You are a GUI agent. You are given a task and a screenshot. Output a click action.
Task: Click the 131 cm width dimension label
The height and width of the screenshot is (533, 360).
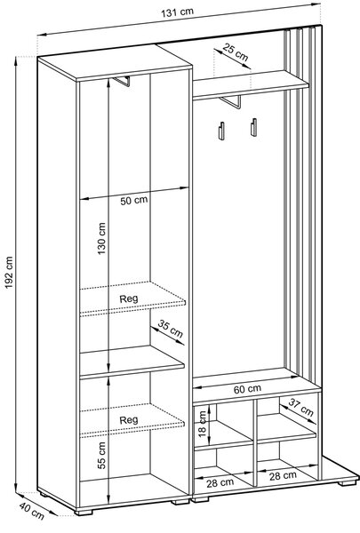pyautogui.click(x=177, y=12)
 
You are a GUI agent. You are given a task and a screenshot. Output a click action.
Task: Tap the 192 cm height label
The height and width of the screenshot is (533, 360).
pyautogui.click(x=9, y=273)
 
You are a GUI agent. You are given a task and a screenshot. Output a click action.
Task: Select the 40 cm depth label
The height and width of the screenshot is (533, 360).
pyautogui.click(x=32, y=511)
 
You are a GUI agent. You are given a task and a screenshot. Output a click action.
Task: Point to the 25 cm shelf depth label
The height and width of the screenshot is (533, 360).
pyautogui.click(x=236, y=52)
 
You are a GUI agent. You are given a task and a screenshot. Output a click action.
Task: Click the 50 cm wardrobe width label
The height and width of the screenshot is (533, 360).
pyautogui.click(x=133, y=200)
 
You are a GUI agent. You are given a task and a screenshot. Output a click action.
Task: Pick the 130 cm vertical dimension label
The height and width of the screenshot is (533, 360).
pyautogui.click(x=101, y=239)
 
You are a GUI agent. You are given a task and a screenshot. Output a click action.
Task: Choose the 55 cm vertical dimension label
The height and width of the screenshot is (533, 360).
pyautogui.click(x=101, y=456)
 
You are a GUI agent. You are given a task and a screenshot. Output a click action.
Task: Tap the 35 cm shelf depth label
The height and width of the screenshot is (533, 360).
pyautogui.click(x=171, y=329)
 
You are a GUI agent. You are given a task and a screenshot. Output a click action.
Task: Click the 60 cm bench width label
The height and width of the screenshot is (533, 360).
pyautogui.click(x=247, y=389)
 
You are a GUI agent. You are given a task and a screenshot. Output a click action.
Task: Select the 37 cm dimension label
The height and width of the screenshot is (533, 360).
pyautogui.click(x=300, y=407)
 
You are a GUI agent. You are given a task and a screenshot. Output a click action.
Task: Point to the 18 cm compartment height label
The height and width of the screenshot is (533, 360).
pyautogui.click(x=202, y=424)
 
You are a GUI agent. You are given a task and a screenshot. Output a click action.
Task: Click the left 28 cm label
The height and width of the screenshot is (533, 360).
pyautogui.click(x=220, y=482)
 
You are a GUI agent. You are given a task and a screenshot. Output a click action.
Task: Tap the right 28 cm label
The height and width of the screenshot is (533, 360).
pyautogui.click(x=283, y=475)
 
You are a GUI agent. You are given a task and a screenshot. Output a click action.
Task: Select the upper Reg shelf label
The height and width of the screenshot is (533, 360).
pyautogui.click(x=129, y=299)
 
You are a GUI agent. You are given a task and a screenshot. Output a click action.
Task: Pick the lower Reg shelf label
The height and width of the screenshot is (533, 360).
pyautogui.click(x=129, y=420)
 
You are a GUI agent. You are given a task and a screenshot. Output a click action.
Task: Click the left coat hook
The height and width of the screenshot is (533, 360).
pyautogui.click(x=220, y=131)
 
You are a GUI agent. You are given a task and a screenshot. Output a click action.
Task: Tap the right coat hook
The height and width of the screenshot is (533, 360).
pyautogui.click(x=254, y=127)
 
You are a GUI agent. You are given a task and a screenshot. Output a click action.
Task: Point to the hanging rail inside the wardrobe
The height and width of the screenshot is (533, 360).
pyautogui.click(x=123, y=81)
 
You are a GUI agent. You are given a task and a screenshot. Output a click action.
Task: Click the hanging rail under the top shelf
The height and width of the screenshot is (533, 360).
pyautogui.click(x=231, y=102)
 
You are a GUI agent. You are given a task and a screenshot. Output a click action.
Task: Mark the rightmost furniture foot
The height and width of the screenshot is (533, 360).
pyautogui.click(x=347, y=483)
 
